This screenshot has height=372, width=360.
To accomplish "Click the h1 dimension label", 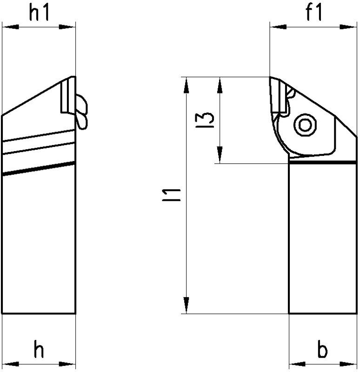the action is click(39, 12).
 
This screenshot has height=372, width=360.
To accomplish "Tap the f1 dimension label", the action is click(314, 12).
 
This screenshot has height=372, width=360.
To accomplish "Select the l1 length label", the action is click(171, 195).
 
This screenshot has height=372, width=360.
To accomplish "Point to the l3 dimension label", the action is click(205, 120).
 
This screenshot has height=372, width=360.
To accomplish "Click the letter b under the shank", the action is click(322, 350).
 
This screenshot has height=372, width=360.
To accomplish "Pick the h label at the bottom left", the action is click(39, 349).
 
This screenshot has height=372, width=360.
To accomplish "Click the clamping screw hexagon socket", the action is click(305, 125).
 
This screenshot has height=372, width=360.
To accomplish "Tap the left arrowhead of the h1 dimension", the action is click(10, 27).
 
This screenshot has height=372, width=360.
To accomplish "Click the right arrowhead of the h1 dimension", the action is click(67, 27).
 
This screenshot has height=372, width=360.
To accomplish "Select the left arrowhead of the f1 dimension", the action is click(278, 27).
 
